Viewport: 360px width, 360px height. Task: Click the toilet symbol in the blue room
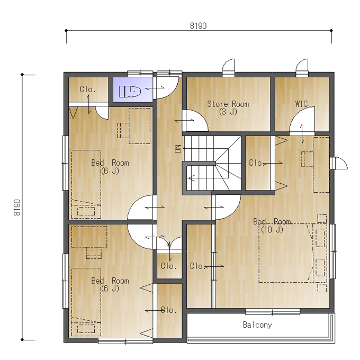130,92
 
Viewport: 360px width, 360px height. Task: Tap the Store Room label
228,107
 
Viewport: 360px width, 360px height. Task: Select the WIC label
301,104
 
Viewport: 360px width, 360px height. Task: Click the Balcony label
257,325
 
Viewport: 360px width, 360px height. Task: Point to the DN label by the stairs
178,149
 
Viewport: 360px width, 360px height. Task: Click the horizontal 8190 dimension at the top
199,26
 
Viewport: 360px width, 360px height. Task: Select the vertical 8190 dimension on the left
17,208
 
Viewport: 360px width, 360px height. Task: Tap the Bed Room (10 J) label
272,226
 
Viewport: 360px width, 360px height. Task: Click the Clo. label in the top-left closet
87,89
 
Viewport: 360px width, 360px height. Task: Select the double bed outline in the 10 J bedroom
285,253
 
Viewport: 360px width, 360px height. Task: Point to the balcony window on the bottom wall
273,311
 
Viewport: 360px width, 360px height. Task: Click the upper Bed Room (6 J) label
110,167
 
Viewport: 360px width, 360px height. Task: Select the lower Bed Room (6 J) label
110,285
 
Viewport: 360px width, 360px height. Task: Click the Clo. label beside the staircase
256,163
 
